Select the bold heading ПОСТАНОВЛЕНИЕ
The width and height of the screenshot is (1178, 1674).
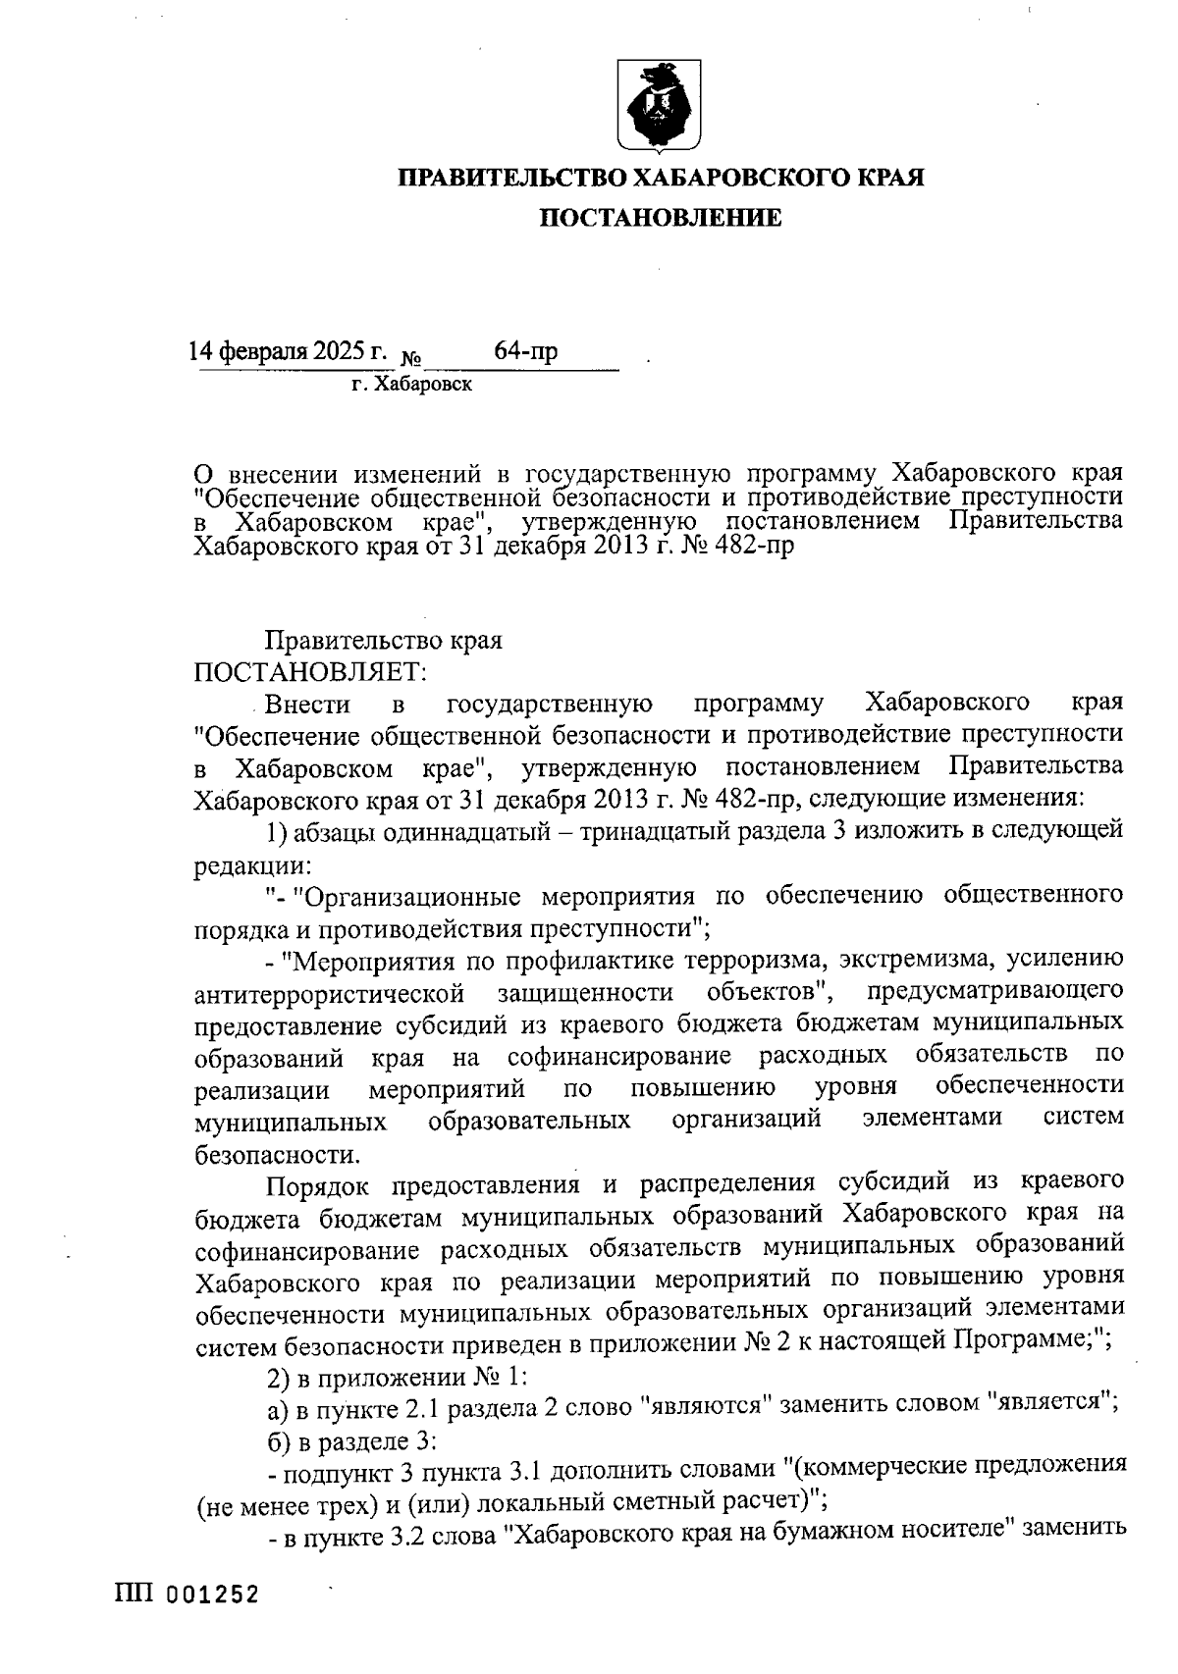[664, 218]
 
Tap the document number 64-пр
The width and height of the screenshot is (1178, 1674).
[526, 351]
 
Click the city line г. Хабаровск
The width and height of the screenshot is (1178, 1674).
[412, 385]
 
